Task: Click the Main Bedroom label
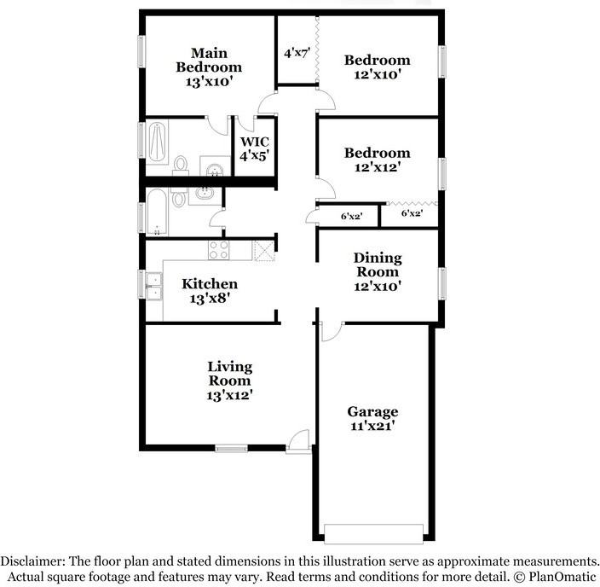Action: coord(209,67)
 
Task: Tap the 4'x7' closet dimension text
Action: coord(297,53)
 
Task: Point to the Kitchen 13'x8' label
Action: coord(210,291)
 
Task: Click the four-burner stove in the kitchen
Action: coord(219,250)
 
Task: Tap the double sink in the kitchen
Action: coord(154,286)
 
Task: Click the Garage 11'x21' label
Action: coord(372,419)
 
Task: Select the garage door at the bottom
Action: coord(373,534)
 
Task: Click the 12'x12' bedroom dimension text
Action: coord(378,167)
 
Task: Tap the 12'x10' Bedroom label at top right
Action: coord(378,67)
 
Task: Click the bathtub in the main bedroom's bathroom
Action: coord(157,142)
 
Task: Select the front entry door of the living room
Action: coord(299,442)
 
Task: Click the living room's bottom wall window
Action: coord(231,448)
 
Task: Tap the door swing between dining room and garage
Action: coord(332,332)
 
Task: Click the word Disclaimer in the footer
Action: coord(32,561)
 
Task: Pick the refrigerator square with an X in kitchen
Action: coord(265,251)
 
